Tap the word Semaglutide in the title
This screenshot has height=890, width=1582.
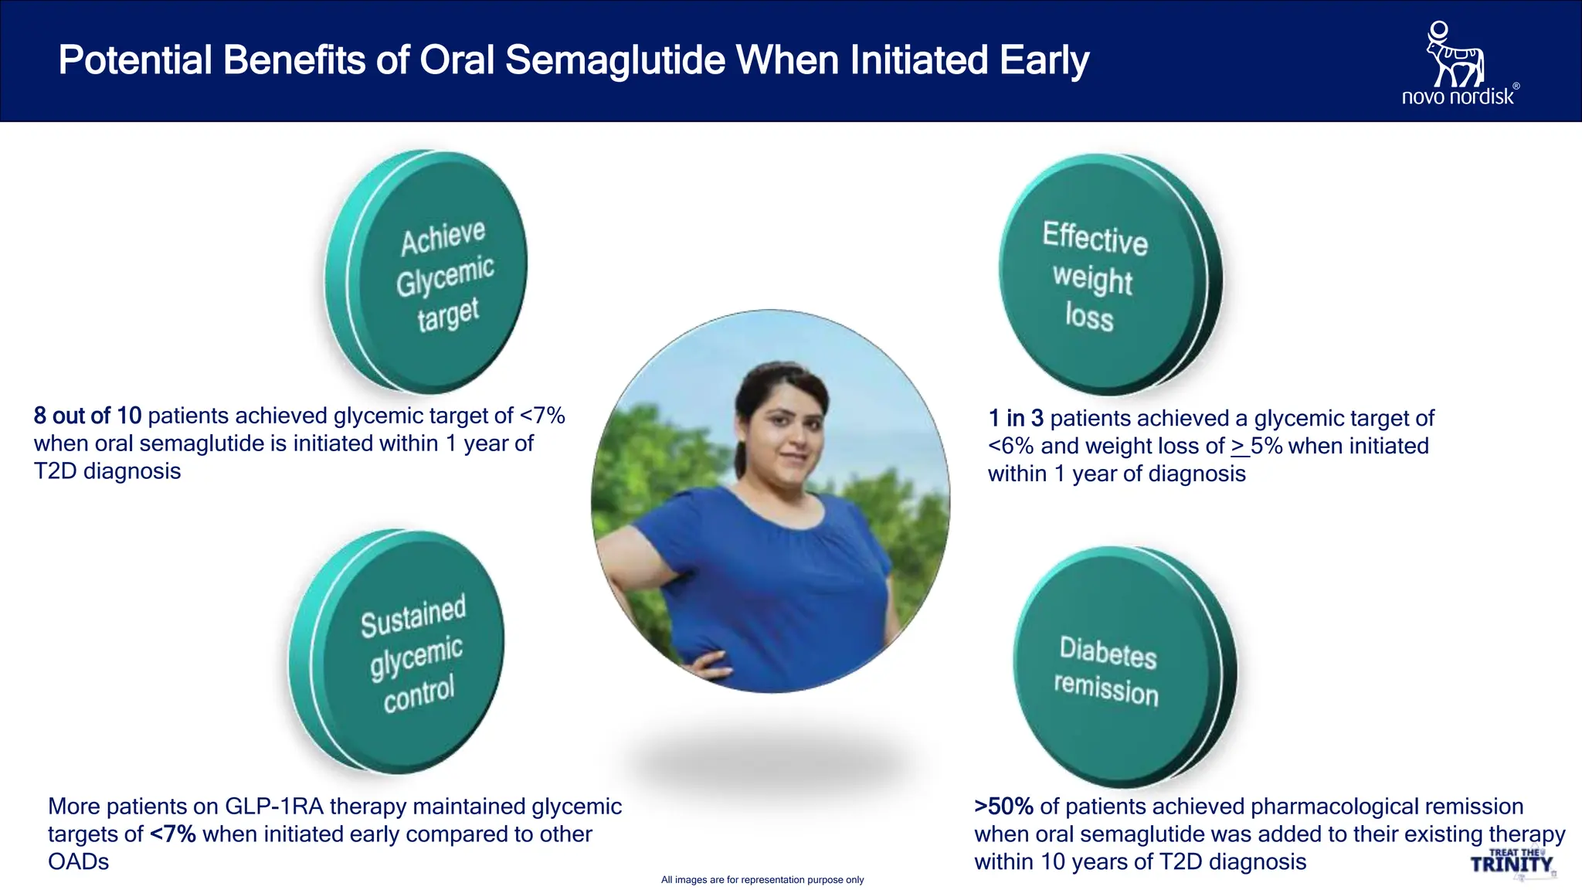615,60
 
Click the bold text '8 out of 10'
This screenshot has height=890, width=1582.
87,416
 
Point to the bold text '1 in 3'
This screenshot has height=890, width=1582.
1016,418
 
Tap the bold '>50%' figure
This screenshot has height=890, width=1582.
1003,807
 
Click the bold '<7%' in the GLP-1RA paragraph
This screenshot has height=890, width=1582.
172,834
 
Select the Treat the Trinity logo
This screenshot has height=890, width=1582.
1512,862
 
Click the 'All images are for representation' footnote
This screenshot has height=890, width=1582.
762,880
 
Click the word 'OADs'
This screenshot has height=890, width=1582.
78,862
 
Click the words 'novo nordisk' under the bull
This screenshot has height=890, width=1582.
1458,97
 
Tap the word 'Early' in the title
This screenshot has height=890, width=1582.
1044,60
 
